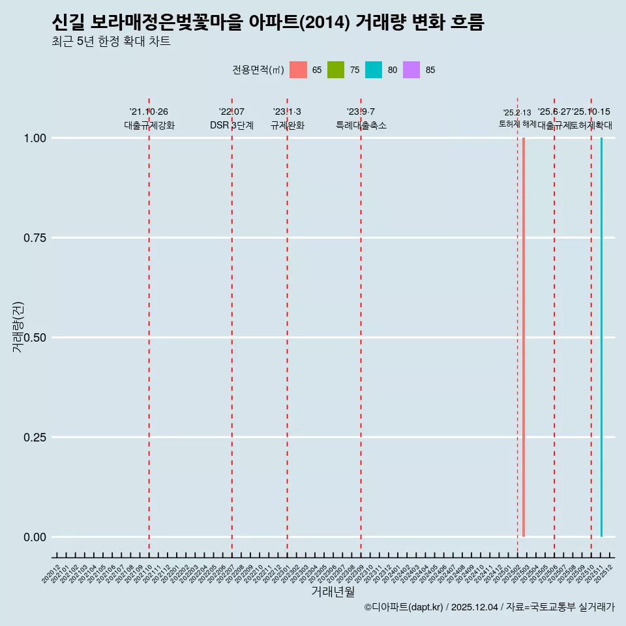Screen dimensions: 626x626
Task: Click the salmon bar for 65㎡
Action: [524, 337]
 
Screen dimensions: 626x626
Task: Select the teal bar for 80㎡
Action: [601, 337]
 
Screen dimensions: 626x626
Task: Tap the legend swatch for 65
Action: [298, 70]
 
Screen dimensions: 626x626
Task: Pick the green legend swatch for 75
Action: [336, 70]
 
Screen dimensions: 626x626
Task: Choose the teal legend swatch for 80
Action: [374, 70]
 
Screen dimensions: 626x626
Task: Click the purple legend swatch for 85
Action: [411, 70]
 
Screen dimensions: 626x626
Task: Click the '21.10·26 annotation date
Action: [149, 112]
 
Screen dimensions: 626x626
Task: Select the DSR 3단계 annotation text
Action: [231, 125]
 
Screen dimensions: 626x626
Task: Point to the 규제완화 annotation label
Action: [287, 125]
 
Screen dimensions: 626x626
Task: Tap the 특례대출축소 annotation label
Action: [361, 125]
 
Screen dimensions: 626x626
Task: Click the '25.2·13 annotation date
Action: [517, 113]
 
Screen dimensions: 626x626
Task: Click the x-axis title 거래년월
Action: [333, 592]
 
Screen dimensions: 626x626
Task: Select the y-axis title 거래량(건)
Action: [18, 327]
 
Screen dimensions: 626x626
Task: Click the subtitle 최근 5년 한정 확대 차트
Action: [111, 42]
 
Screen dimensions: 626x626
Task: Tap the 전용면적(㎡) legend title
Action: [258, 70]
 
